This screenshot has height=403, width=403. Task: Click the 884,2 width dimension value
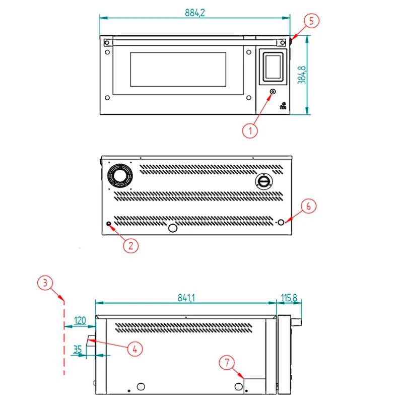[195, 13]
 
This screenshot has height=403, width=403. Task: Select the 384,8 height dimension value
[302, 75]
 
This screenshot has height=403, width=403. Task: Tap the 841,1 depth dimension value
[186, 298]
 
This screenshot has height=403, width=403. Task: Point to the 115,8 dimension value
[289, 298]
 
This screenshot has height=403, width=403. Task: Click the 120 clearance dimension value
[80, 320]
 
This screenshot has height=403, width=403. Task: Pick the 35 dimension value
[78, 349]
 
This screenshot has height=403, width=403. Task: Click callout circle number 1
[250, 131]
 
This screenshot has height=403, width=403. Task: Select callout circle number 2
[130, 246]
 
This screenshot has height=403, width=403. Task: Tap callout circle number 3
[45, 283]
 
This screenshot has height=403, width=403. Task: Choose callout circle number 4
[135, 349]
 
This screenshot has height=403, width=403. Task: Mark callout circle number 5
[311, 21]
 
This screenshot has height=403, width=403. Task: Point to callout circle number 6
[308, 206]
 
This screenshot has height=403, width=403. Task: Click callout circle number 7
[227, 363]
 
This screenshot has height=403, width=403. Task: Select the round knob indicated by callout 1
[273, 92]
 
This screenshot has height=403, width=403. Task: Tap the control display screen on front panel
[273, 66]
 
